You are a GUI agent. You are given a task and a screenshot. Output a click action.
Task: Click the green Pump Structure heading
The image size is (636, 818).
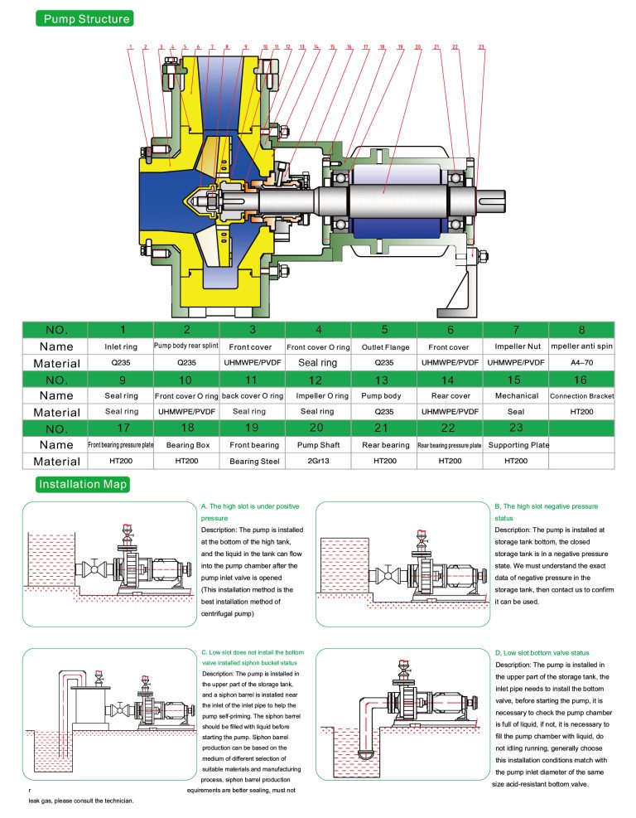(x=83, y=18)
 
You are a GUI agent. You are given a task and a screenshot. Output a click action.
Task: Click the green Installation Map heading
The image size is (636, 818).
(x=83, y=484)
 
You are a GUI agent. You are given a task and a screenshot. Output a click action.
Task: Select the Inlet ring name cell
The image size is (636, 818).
(x=123, y=346)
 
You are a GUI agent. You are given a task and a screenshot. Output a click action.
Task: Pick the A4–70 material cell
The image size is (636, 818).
(x=581, y=363)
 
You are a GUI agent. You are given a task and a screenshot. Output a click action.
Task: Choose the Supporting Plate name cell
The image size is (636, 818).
(x=516, y=445)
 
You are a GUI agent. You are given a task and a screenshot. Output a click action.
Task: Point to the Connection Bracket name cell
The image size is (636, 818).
(x=581, y=396)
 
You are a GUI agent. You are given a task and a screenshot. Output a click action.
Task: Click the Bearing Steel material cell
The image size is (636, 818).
(x=253, y=461)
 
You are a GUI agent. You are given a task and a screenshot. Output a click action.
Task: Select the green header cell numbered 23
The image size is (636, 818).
(x=516, y=428)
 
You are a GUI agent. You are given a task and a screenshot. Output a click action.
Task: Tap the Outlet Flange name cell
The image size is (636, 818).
(x=384, y=346)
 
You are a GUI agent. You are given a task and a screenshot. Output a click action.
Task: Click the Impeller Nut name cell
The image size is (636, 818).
(x=516, y=346)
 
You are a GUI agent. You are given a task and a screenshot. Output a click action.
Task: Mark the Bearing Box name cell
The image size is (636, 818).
(x=188, y=445)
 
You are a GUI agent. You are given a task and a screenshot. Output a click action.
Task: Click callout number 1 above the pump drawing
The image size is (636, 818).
(x=130, y=46)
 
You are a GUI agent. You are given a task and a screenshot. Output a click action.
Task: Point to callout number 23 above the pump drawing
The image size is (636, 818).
(x=481, y=46)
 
